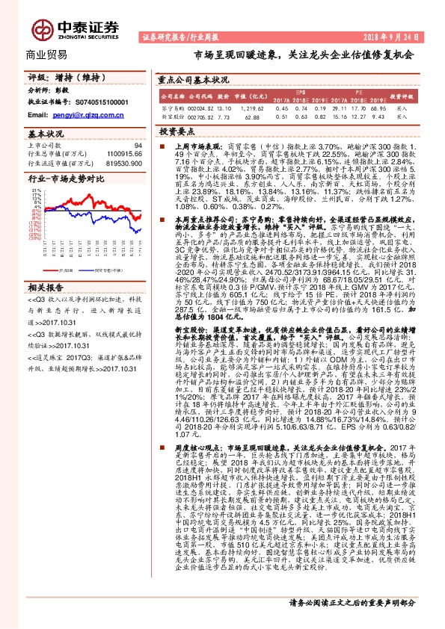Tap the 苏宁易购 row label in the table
pos(172,108)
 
